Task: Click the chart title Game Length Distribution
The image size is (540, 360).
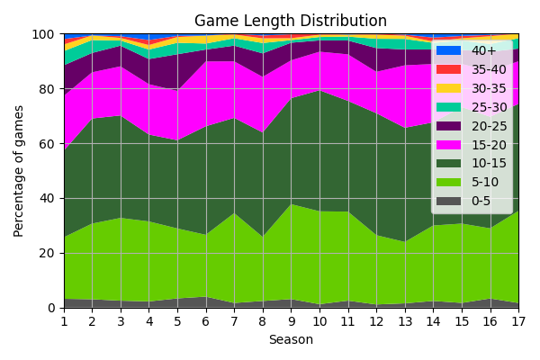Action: point(291,21)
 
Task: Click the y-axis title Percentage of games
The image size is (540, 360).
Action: point(19,171)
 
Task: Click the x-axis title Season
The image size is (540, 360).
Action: point(291,340)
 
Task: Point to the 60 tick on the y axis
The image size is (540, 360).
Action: point(48,144)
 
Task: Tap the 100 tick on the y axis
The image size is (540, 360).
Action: point(44,34)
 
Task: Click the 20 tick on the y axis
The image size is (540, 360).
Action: point(48,253)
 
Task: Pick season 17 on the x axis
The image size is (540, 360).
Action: point(518,320)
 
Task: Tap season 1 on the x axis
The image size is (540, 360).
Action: point(64,320)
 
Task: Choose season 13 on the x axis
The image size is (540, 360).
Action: point(405,320)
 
